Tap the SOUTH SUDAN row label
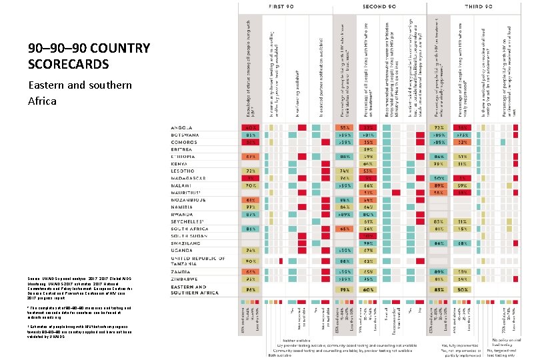(x=192, y=235)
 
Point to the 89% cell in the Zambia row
(x=439, y=273)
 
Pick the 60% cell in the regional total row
(x=367, y=291)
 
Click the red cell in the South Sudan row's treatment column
(x=367, y=235)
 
